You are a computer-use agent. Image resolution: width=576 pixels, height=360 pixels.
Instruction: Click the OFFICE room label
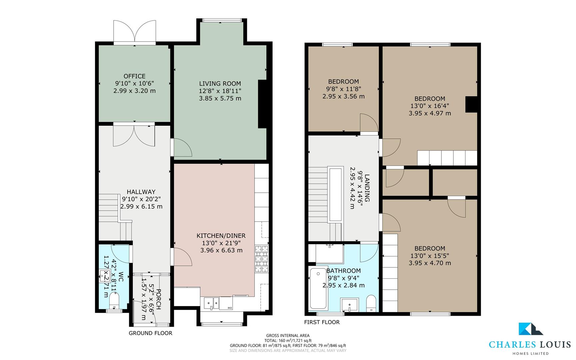[134, 76]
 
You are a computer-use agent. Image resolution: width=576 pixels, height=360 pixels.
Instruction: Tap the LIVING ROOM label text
[220, 84]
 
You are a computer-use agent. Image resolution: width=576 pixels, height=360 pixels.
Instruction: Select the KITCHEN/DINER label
[221, 236]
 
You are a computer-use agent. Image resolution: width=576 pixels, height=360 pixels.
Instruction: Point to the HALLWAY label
[141, 192]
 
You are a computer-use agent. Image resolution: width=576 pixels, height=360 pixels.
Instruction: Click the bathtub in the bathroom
[318, 289]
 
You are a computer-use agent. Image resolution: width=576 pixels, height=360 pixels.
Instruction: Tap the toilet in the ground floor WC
[114, 302]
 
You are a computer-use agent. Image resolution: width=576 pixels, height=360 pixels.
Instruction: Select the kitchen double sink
[212, 303]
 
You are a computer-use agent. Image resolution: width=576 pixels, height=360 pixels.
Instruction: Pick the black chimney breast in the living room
[262, 104]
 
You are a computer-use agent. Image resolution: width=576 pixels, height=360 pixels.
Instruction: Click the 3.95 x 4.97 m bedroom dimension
[430, 113]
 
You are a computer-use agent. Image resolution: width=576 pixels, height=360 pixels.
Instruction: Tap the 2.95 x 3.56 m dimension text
[343, 96]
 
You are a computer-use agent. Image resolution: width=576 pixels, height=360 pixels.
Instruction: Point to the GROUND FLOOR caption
[151, 333]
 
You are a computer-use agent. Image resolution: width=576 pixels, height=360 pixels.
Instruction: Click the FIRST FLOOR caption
[322, 322]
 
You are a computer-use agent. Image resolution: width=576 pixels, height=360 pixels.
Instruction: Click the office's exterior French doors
[135, 32]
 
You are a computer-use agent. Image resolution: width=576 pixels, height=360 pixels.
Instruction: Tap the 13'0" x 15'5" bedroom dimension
[430, 256]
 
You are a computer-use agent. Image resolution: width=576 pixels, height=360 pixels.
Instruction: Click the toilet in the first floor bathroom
[371, 304]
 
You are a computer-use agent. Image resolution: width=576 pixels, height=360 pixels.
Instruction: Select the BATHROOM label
[343, 271]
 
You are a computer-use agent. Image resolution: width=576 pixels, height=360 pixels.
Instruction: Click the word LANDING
[367, 188]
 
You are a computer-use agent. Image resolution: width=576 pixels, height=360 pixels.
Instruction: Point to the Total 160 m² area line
[288, 340]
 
